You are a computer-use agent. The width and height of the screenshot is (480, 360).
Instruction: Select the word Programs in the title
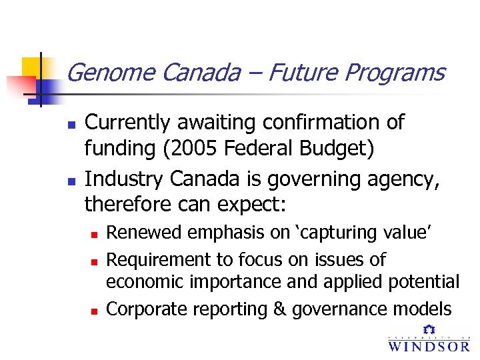click(x=394, y=72)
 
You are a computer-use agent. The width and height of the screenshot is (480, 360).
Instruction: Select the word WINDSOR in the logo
click(x=429, y=346)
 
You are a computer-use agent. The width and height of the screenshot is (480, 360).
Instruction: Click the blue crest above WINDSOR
click(x=429, y=329)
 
